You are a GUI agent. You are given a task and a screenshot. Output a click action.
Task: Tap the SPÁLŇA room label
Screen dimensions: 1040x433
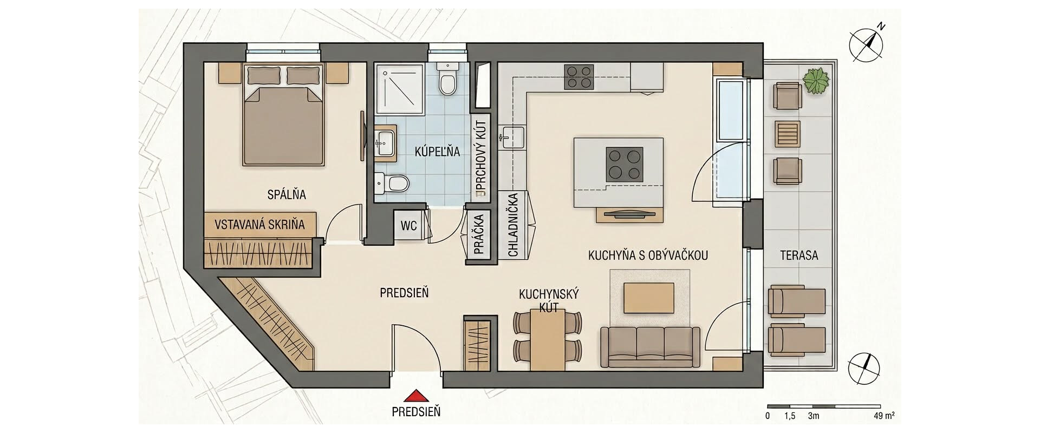click(287, 194)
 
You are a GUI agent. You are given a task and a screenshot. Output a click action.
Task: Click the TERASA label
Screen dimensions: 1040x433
click(799, 255)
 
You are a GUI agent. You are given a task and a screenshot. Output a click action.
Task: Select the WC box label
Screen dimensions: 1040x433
click(409, 225)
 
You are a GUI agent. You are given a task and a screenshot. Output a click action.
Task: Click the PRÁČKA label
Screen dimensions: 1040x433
click(479, 234)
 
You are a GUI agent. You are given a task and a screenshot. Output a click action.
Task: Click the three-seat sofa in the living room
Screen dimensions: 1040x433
click(650, 347)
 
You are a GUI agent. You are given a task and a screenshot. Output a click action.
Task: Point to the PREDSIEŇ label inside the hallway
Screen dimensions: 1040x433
click(404, 293)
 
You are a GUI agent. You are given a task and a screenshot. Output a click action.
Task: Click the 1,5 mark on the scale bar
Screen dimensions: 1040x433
click(790, 416)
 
